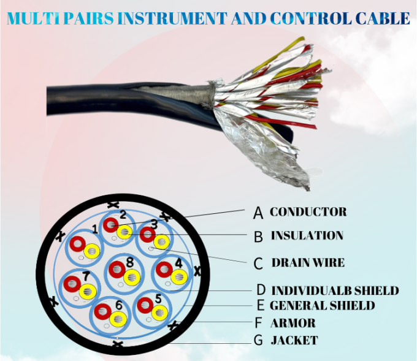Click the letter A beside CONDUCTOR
tap(258, 213)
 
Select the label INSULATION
tap(307, 235)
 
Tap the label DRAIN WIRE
tap(307, 262)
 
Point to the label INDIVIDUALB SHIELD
tap(335, 291)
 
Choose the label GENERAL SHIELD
tap(322, 305)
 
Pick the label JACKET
tap(294, 340)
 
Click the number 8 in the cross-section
tap(129, 262)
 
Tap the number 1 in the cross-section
tap(94, 229)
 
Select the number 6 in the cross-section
tap(118, 304)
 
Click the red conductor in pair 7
tap(72, 284)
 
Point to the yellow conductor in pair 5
tap(159, 312)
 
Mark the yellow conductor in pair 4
tap(178, 276)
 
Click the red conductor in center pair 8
tap(115, 270)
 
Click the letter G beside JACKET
tap(258, 341)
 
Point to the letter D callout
tap(261, 291)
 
